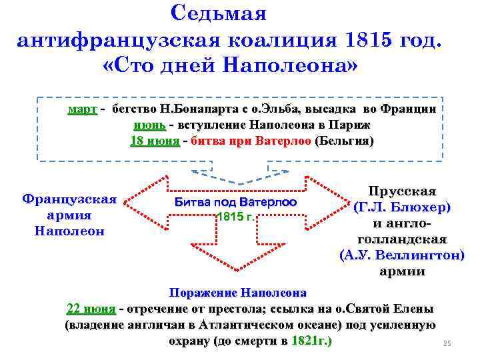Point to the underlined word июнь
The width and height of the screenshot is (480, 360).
(146, 125)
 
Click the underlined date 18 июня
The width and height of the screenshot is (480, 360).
(154, 141)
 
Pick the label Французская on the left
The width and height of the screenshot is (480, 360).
(69, 199)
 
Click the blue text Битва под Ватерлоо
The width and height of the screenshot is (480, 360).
(235, 202)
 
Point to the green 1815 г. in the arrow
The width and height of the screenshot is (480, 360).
(233, 217)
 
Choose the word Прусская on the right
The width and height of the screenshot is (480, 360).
(402, 191)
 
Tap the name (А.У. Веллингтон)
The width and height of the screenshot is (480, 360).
(402, 255)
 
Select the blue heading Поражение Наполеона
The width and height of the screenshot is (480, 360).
(238, 293)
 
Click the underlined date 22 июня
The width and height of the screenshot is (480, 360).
(91, 309)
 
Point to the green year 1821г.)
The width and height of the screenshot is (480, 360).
(311, 342)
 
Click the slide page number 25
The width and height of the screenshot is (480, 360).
(447, 344)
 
